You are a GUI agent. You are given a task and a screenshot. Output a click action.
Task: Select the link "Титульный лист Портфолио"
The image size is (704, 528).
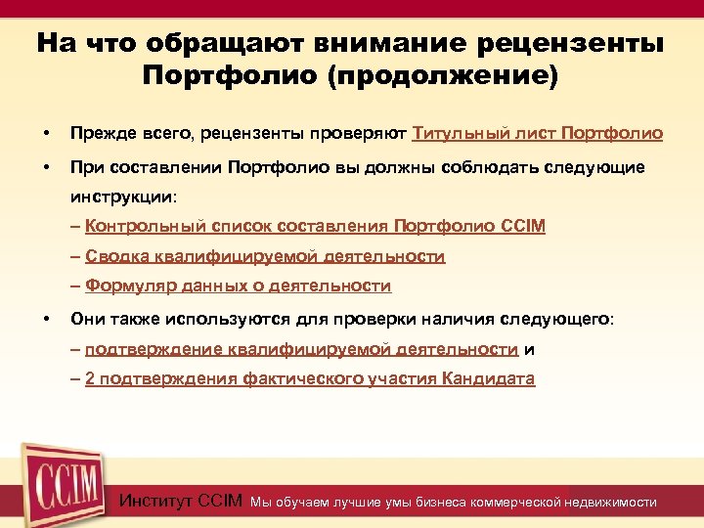[x=538, y=133]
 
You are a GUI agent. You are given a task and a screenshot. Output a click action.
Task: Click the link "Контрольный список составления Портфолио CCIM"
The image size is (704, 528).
[x=315, y=227]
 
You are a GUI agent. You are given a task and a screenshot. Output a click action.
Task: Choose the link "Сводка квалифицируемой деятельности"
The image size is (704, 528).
[x=265, y=256]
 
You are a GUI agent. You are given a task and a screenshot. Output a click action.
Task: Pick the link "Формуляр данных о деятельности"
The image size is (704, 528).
[x=238, y=286]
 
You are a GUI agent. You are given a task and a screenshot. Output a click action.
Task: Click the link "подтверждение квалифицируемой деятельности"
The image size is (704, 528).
[x=301, y=349]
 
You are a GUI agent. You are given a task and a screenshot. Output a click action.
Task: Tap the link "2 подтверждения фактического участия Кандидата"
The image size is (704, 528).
[x=310, y=379]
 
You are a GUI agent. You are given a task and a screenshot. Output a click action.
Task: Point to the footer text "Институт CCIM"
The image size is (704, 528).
[x=181, y=502]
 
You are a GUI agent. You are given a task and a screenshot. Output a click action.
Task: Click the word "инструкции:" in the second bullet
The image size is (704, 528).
[x=122, y=197]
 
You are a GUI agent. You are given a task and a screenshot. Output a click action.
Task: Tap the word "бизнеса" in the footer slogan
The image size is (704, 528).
[x=441, y=503]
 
